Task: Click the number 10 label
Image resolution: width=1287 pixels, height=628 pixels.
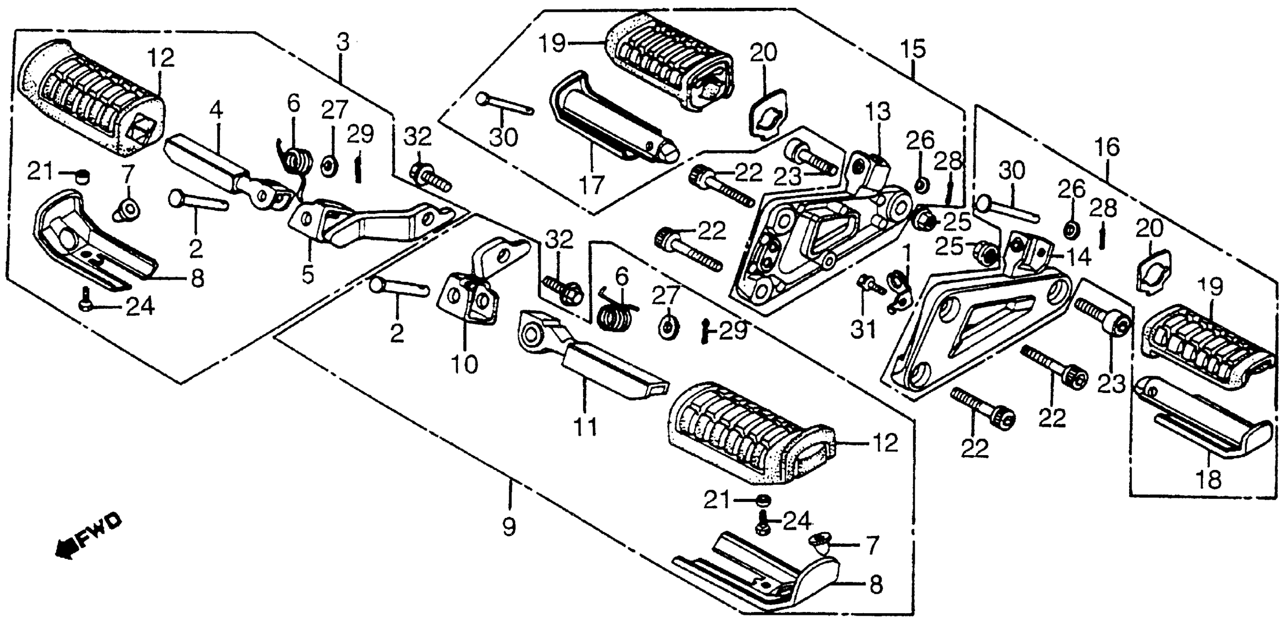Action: click(x=465, y=365)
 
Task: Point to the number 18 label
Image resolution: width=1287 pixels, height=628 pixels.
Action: click(x=1208, y=479)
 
